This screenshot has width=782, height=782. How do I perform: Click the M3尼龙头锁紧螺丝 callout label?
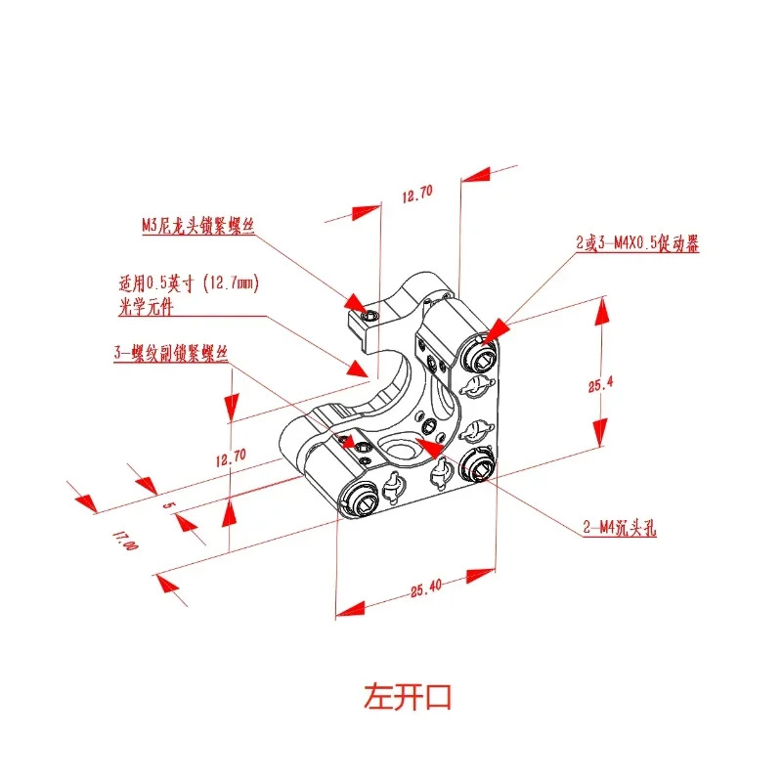click(198, 226)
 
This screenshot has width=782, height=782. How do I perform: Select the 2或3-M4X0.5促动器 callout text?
click(637, 243)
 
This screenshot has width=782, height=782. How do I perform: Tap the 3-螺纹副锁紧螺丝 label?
click(171, 353)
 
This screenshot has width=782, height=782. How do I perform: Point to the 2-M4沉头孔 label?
click(620, 527)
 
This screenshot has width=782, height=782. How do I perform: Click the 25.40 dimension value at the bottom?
click(426, 588)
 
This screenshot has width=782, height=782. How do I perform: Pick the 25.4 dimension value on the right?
click(600, 384)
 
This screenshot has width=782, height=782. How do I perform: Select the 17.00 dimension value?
click(125, 541)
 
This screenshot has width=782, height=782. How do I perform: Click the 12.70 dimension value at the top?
click(417, 194)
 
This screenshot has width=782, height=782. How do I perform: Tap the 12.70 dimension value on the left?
click(231, 457)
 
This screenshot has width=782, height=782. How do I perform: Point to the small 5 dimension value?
click(168, 504)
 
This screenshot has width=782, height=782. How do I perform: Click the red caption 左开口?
click(408, 697)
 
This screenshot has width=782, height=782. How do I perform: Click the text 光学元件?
click(146, 306)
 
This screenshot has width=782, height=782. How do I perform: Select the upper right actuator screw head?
click(481, 357)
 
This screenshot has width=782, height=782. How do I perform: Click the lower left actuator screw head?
click(360, 500)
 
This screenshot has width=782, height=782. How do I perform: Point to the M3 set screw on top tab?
click(370, 316)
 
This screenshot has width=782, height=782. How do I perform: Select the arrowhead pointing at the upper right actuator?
click(496, 331)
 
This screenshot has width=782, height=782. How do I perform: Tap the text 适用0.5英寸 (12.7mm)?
click(189, 283)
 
